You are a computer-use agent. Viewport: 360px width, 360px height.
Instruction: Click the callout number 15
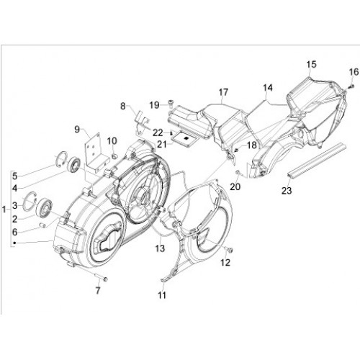(x=311, y=65)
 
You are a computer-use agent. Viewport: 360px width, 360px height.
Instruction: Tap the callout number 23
(x=287, y=190)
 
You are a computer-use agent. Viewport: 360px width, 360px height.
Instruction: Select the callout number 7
(x=98, y=291)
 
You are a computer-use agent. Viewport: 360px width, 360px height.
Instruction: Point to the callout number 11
(x=162, y=294)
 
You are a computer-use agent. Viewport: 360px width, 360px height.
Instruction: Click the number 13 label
(x=160, y=248)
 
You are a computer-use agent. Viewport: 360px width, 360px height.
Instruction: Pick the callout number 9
(x=77, y=130)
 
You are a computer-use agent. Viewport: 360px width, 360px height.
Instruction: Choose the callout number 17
(x=223, y=92)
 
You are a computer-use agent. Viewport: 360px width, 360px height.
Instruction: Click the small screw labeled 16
(x=351, y=86)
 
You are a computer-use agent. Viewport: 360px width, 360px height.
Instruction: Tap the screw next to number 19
(x=171, y=103)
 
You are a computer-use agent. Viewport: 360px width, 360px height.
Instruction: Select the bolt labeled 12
(x=230, y=250)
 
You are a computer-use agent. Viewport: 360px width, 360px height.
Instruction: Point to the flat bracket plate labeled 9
(x=95, y=153)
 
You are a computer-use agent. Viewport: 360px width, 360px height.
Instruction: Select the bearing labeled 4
(x=74, y=164)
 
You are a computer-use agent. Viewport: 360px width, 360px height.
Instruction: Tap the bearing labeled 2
(x=45, y=207)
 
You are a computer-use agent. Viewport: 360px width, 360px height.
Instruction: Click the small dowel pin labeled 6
(x=42, y=225)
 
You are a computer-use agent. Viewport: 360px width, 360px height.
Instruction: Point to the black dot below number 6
(x=15, y=243)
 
